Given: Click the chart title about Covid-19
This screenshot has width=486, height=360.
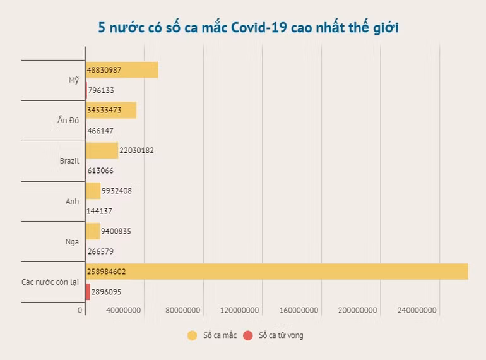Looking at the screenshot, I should [248, 27].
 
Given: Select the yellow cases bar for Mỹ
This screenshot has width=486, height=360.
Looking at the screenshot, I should [122, 69].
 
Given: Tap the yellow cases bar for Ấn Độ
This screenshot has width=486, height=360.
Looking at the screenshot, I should [111, 110].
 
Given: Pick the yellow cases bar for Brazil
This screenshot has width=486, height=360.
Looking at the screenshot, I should [102, 150].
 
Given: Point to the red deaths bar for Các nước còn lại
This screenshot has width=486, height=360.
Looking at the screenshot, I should [88, 292].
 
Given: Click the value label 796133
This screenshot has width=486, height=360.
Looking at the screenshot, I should [101, 90].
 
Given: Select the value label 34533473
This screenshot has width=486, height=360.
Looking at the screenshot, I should [109, 110].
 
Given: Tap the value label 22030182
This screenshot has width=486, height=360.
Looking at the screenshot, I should [136, 150].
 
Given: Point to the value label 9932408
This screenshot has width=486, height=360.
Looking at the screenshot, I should [116, 191].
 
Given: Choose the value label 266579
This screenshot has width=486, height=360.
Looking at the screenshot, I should [101, 251].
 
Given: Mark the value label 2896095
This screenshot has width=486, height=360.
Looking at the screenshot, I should [106, 292].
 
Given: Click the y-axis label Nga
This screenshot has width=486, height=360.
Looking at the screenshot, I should [72, 242].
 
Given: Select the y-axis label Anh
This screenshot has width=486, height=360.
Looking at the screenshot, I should [72, 201].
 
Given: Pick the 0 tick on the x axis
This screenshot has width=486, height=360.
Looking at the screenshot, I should [81, 311].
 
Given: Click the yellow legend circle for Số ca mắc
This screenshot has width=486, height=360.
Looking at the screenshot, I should [192, 335].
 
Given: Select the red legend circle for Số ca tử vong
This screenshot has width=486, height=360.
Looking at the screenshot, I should [247, 335].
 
